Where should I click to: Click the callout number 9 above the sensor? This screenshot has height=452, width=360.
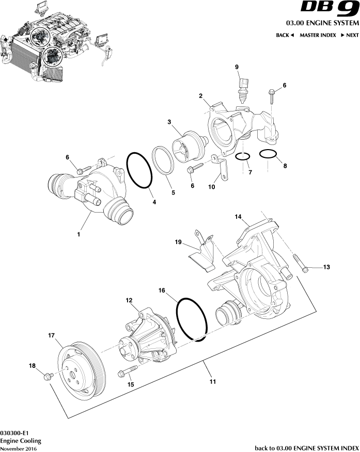237,67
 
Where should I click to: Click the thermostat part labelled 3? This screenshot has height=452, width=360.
189,145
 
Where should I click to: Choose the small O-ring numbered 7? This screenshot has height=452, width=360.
243,156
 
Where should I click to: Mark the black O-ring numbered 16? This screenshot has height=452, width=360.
192,318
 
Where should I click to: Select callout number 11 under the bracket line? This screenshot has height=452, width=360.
212,382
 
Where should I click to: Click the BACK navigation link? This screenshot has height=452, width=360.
285,35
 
